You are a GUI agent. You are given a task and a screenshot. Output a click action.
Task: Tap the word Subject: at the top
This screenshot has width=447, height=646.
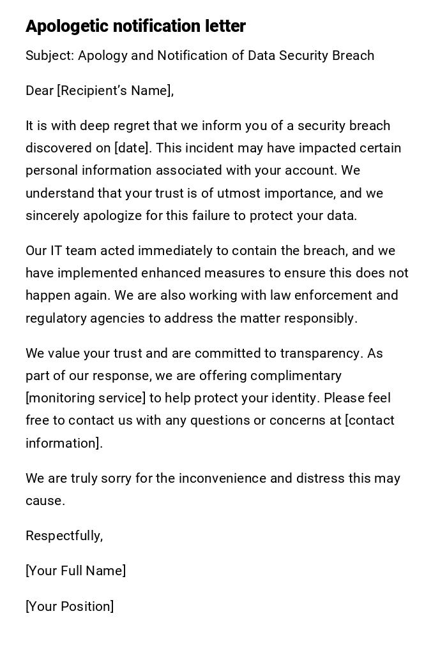(50, 55)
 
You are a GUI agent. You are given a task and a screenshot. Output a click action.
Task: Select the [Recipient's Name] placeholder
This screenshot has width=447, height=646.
(115, 91)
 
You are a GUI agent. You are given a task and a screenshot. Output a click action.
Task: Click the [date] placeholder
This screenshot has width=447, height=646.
(133, 148)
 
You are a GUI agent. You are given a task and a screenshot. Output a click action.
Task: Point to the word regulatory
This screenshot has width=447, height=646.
(53, 318)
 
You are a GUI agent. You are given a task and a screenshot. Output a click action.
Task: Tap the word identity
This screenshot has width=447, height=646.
(296, 398)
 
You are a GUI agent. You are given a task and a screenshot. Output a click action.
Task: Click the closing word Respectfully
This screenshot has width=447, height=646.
(64, 536)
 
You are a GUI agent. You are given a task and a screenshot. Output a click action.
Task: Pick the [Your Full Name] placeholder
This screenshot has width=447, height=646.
(75, 571)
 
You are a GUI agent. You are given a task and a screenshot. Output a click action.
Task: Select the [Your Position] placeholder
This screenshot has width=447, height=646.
(70, 606)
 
